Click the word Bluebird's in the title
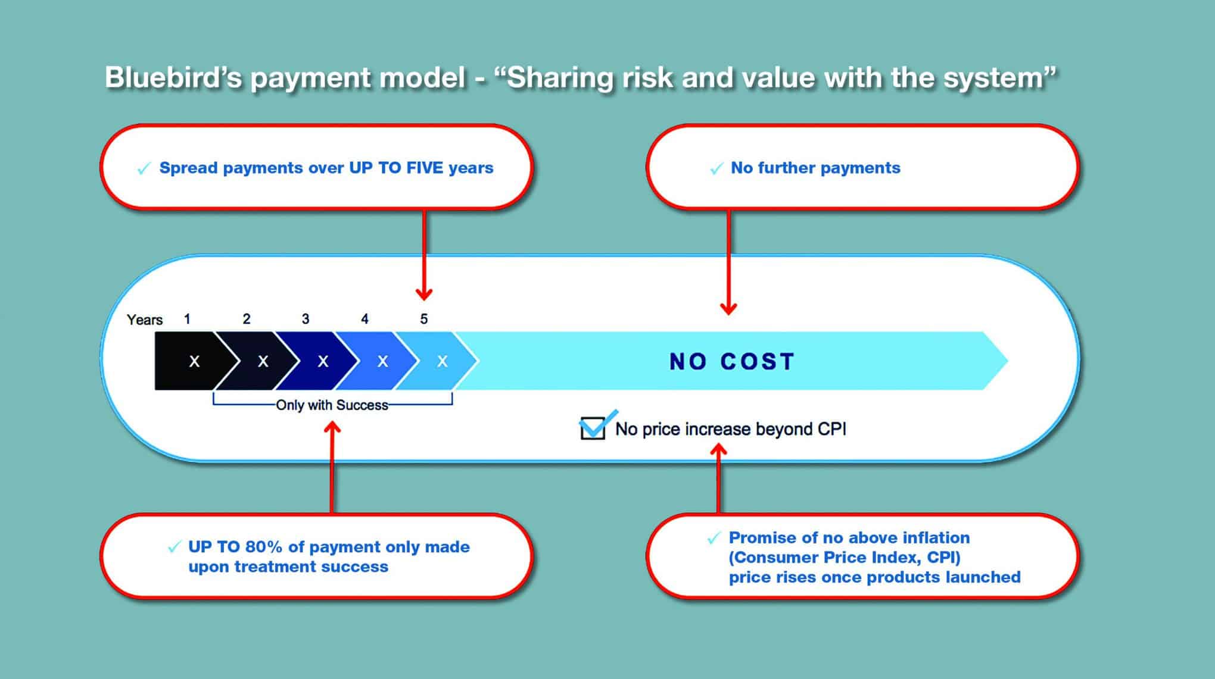[x=173, y=78]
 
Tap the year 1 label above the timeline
[x=187, y=319]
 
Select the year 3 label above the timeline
[x=306, y=319]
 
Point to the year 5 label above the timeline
[x=424, y=319]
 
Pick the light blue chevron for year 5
[x=438, y=361]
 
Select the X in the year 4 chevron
[x=383, y=361]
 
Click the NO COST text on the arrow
[x=732, y=361]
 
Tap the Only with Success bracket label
[x=332, y=405]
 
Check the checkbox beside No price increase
[x=593, y=427]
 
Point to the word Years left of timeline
[x=145, y=320]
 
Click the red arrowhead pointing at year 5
[x=424, y=293]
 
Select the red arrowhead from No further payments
[x=728, y=308]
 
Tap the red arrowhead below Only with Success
[x=332, y=428]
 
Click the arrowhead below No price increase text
[x=719, y=451]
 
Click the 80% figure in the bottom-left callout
[x=264, y=546]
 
